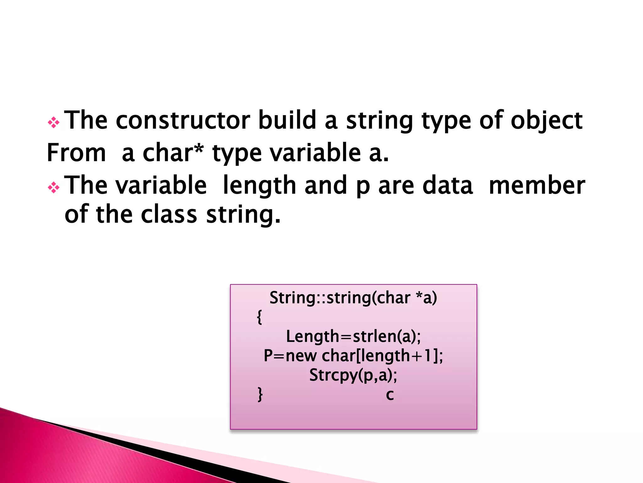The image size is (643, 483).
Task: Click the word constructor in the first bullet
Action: point(183,120)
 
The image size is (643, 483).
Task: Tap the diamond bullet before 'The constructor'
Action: point(53,123)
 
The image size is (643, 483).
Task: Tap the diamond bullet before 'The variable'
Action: point(53,188)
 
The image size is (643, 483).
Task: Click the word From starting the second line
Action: point(76,153)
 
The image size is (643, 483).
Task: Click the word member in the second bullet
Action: point(537,186)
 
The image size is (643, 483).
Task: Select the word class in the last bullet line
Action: point(169,215)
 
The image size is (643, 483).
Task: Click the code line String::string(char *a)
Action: point(353,297)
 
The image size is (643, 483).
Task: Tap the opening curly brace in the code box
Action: point(259,317)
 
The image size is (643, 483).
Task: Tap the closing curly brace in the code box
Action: point(260,394)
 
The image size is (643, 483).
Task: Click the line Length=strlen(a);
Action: point(353,336)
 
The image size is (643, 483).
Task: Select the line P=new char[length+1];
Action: point(353,356)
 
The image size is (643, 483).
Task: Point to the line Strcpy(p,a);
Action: point(353,375)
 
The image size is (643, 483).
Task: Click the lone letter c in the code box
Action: point(390,395)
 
